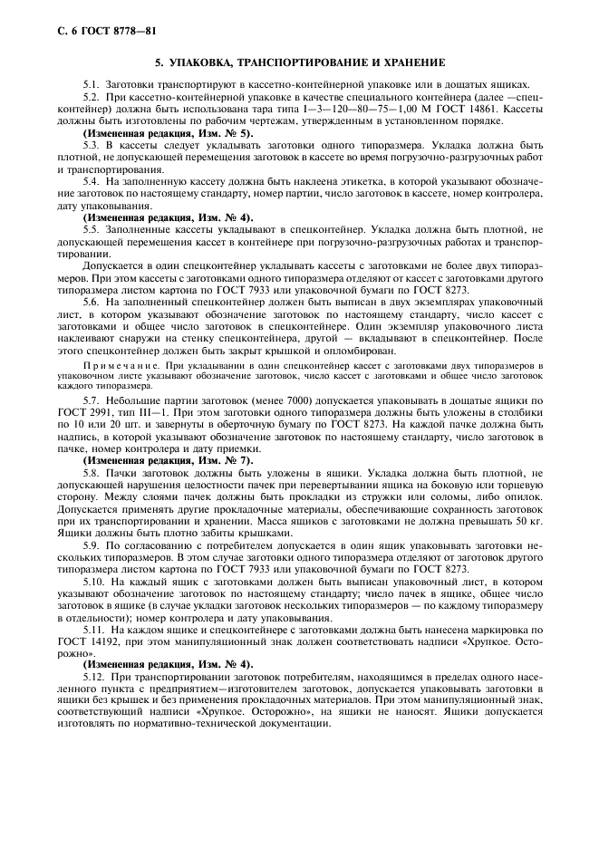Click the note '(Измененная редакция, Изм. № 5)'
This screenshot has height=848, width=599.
tap(168, 132)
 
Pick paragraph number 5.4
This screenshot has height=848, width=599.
tap(92, 181)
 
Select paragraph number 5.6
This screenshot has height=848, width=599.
tap(92, 301)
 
